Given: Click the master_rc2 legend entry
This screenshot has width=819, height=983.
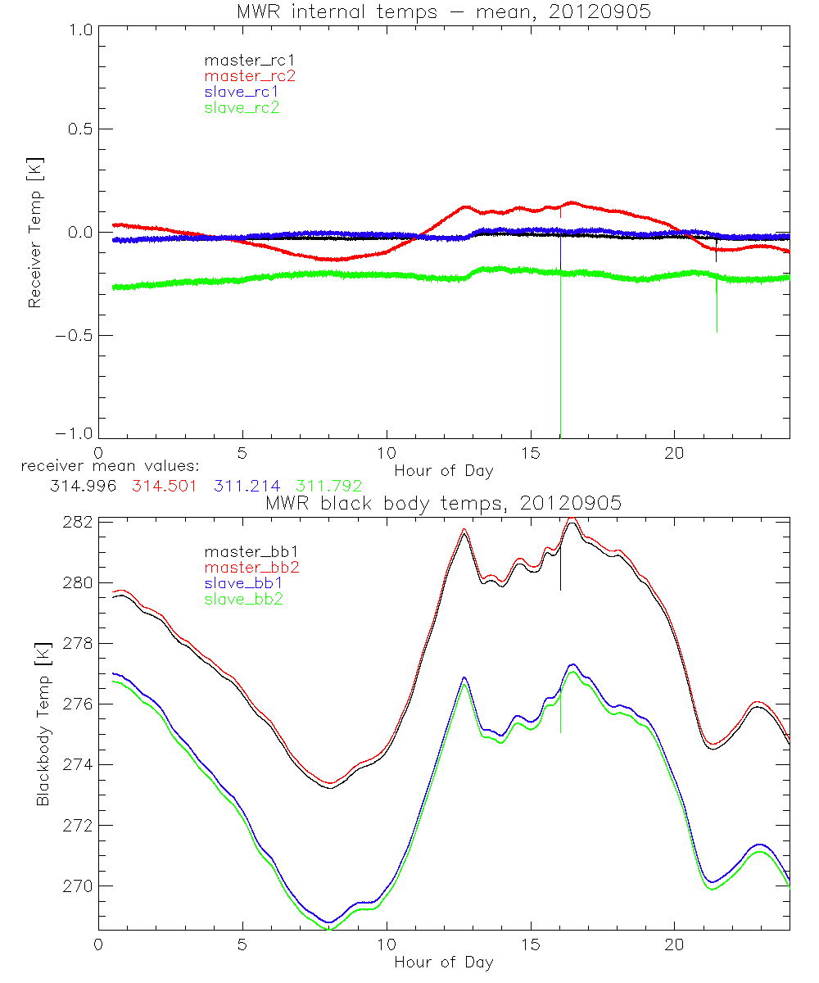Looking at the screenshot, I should (250, 75).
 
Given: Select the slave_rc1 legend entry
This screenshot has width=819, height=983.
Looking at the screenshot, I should (242, 91).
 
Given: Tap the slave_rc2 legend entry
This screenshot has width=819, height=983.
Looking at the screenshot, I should (242, 107).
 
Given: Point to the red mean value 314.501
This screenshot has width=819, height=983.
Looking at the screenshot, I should (165, 486).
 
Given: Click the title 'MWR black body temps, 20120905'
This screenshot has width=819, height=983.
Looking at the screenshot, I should (443, 503).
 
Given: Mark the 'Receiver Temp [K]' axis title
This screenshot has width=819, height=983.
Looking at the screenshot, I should (34, 233).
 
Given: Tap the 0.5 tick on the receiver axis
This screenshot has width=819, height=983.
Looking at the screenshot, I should (79, 129).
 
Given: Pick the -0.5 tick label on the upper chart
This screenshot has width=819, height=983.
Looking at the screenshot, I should (75, 336).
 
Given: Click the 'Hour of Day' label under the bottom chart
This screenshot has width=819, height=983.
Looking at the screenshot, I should (443, 962).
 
